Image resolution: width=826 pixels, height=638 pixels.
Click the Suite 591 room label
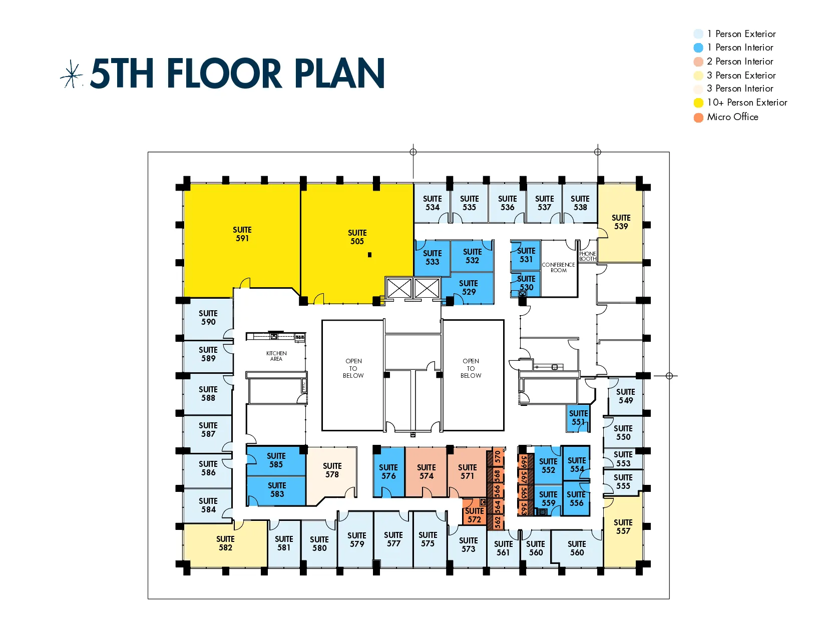(242, 234)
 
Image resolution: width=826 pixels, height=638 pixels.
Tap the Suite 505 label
(357, 237)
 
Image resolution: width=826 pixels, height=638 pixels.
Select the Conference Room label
(558, 268)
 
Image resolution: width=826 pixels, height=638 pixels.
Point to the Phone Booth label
(588, 256)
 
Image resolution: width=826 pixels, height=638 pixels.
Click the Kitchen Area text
(276, 356)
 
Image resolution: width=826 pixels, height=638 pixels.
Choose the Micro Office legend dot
(698, 118)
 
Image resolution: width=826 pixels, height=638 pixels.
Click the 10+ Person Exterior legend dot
(698, 103)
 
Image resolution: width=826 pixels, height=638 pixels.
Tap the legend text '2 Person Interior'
(739, 62)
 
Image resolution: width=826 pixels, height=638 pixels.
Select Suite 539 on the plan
(621, 222)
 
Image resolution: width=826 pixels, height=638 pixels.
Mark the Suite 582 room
(225, 543)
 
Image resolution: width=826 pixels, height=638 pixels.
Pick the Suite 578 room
(332, 470)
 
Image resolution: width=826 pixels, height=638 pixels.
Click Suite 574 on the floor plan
(426, 472)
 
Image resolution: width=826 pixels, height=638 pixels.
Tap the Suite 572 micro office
(474, 515)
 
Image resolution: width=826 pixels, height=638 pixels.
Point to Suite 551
(578, 418)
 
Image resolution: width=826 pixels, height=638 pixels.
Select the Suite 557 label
(623, 527)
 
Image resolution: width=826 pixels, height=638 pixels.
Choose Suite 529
(469, 288)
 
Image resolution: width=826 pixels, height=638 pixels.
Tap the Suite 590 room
(208, 318)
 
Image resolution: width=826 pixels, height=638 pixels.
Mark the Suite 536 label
(507, 203)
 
